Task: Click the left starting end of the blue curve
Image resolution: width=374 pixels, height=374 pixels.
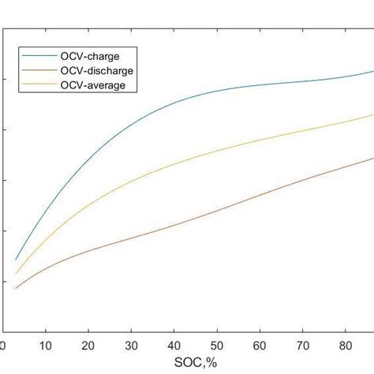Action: pos(16,259)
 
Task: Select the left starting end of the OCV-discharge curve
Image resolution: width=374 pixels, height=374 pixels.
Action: pos(16,288)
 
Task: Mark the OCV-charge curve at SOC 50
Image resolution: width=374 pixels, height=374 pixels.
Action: pos(216,92)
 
